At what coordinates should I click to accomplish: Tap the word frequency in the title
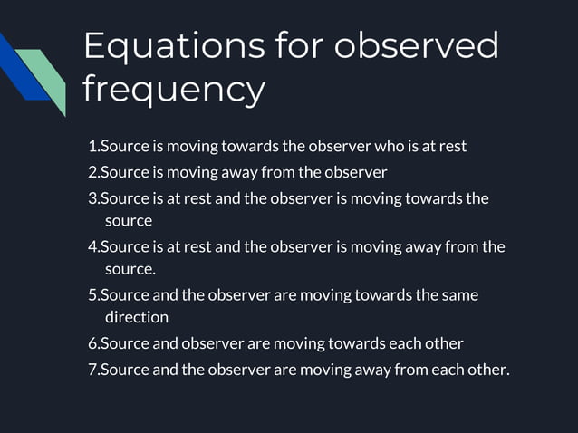point(174,90)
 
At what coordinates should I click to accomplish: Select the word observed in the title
point(417,45)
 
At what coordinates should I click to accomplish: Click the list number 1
point(92,147)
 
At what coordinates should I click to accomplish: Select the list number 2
point(92,172)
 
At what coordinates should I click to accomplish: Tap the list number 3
point(92,198)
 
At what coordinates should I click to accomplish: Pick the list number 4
point(92,247)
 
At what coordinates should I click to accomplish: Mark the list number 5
point(92,295)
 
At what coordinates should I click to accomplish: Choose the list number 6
point(92,343)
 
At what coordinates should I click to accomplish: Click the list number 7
point(92,370)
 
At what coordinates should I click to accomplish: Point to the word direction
point(137,318)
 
